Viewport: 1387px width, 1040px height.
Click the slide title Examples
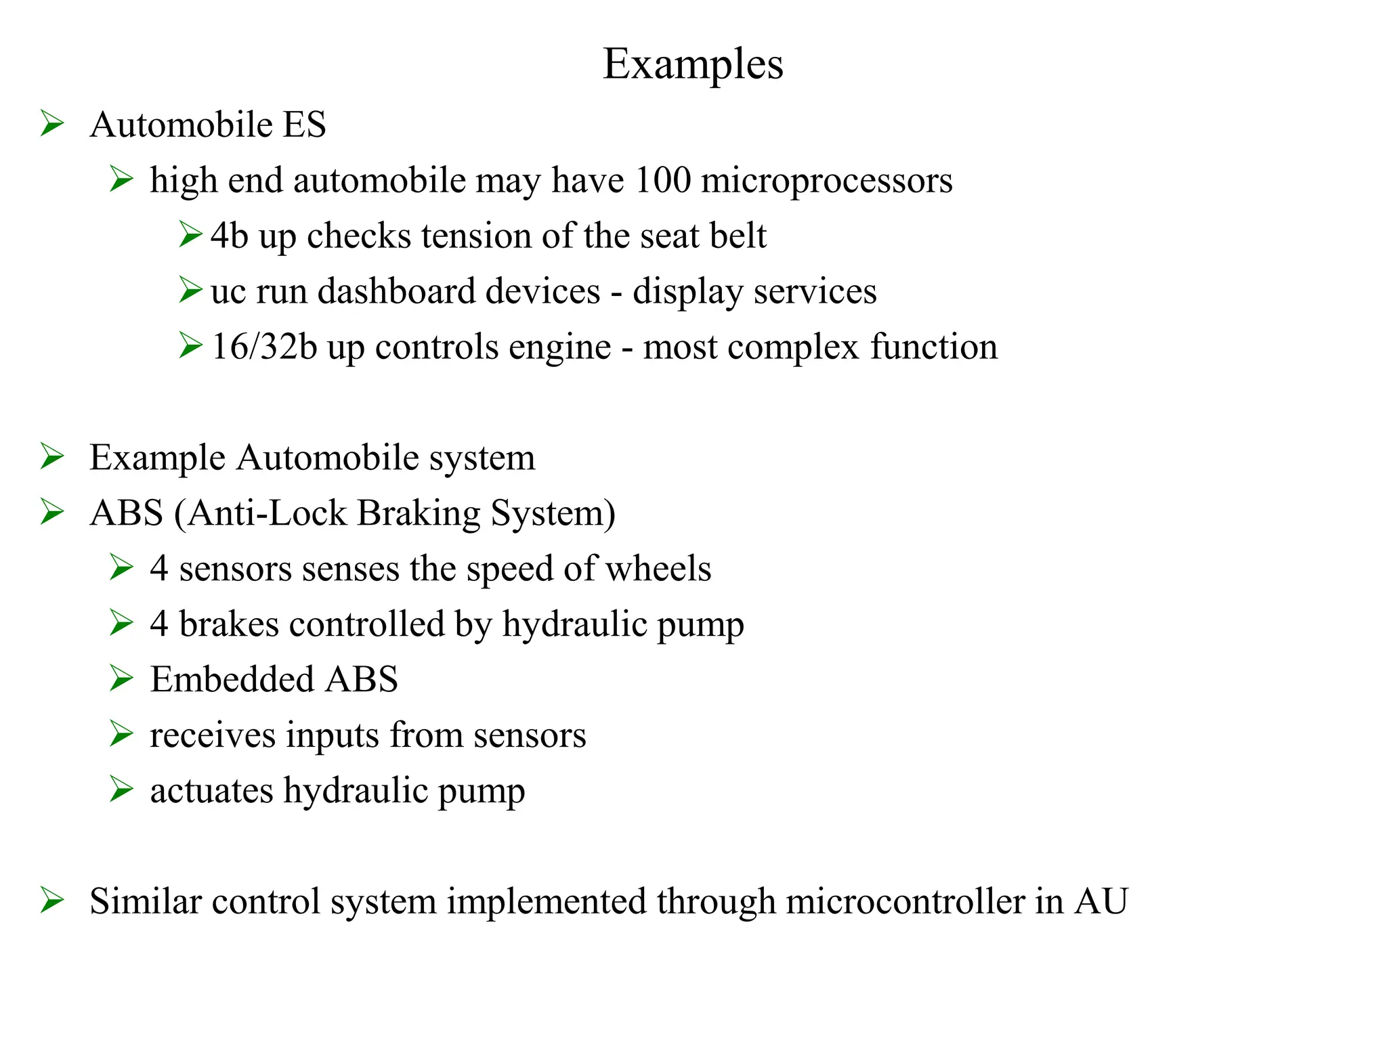point(693,64)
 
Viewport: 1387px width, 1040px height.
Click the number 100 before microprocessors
point(663,180)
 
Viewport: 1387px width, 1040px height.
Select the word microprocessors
point(826,181)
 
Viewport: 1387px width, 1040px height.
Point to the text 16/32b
point(264,347)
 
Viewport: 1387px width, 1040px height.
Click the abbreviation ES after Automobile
point(304,125)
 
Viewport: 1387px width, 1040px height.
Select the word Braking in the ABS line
point(419,513)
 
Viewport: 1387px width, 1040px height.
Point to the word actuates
point(211,790)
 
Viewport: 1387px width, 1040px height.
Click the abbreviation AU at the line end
point(1101,901)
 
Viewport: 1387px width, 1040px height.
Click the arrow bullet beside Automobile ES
point(52,124)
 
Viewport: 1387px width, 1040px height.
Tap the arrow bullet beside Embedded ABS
point(121,678)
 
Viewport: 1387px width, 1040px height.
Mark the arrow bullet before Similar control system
point(52,901)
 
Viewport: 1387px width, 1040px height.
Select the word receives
point(213,735)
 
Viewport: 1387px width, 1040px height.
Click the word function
point(933,347)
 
